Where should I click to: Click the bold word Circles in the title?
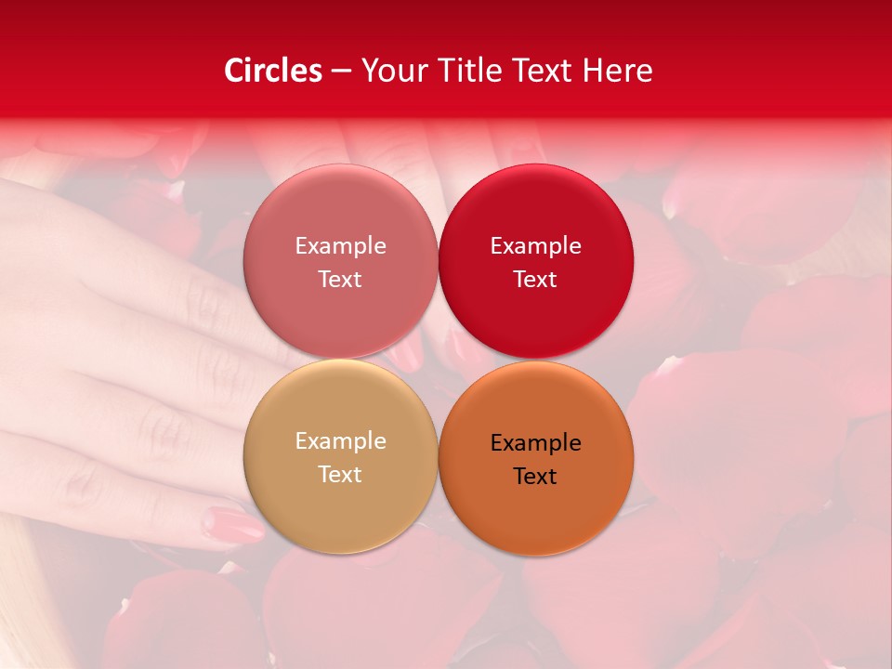coord(273,71)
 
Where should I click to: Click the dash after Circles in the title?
coord(341,72)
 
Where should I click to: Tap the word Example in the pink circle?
coord(340,245)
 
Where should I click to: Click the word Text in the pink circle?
coord(340,279)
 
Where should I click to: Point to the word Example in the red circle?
coord(535,245)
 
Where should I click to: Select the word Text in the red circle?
coord(535,279)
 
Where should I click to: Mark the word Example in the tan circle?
coord(340,440)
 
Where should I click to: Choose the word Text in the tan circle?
coord(340,474)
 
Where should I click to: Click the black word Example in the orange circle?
coord(535,442)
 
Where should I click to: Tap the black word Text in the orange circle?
coord(535,476)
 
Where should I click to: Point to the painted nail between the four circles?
coord(405,354)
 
